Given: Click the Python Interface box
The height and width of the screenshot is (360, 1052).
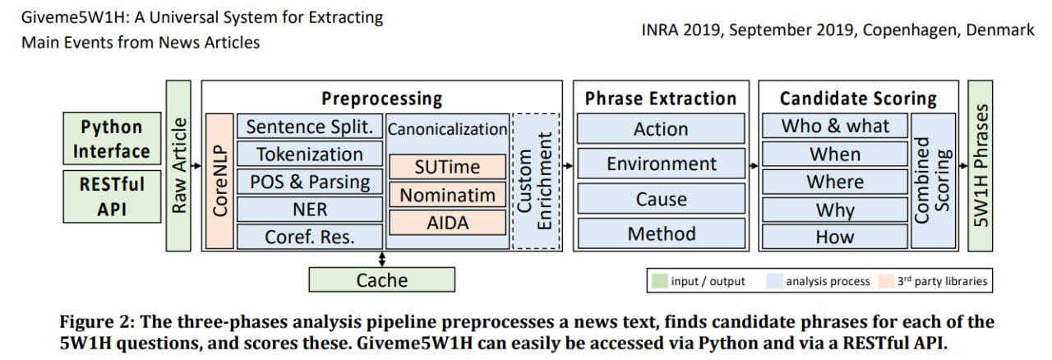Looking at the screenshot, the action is click(112, 138).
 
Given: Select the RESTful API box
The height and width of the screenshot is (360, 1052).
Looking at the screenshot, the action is click(112, 196).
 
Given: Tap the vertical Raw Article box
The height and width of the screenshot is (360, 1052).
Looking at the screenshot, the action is click(178, 166).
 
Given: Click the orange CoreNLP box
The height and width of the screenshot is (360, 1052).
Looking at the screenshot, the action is click(219, 181).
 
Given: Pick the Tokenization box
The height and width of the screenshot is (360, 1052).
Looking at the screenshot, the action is click(310, 155).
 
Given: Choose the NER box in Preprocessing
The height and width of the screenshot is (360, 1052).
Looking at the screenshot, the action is click(310, 209).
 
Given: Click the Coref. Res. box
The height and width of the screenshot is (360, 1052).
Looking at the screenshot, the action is click(310, 237).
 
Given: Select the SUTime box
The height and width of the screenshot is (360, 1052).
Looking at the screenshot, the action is click(448, 167).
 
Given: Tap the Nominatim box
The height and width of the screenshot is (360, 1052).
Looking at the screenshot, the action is click(448, 195).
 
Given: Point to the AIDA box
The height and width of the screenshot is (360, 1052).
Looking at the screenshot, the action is click(448, 222).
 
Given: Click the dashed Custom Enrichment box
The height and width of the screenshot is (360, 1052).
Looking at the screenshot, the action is click(536, 181).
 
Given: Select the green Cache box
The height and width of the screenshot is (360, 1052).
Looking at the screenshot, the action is click(382, 279).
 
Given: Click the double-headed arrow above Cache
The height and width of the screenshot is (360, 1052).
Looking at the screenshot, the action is click(382, 260).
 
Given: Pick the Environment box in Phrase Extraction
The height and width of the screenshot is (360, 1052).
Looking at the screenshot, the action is click(661, 164).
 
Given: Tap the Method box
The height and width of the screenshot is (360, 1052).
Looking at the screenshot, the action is click(661, 233).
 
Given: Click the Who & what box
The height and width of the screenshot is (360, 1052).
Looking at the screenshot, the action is click(834, 126).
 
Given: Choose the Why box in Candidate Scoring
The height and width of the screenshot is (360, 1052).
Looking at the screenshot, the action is click(834, 210).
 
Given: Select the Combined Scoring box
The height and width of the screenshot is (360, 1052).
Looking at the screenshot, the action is click(933, 181).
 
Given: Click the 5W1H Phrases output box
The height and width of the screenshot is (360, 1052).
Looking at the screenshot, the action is click(980, 166).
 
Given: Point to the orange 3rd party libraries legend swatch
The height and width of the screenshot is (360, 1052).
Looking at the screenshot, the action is click(886, 281).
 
